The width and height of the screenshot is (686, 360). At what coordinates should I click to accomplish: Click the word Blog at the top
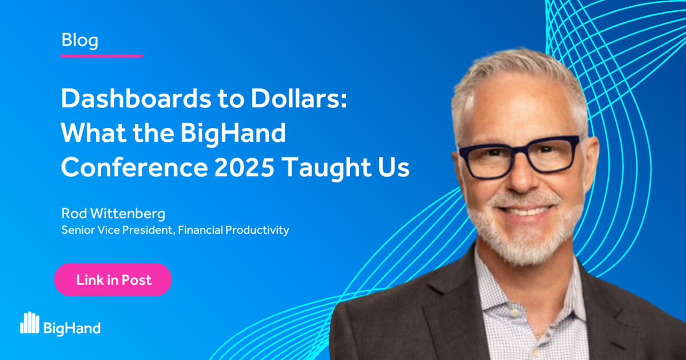coord(79,41)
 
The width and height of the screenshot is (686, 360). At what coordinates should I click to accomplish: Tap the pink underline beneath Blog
coord(101,56)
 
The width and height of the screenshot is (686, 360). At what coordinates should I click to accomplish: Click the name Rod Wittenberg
coord(113,214)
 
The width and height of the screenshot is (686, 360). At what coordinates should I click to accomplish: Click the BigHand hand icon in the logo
coord(30,323)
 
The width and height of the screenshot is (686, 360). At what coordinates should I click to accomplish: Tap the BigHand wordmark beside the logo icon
coord(72,327)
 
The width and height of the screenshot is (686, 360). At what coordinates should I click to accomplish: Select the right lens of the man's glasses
coord(551,153)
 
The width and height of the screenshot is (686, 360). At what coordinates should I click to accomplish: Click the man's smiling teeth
coord(529,210)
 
